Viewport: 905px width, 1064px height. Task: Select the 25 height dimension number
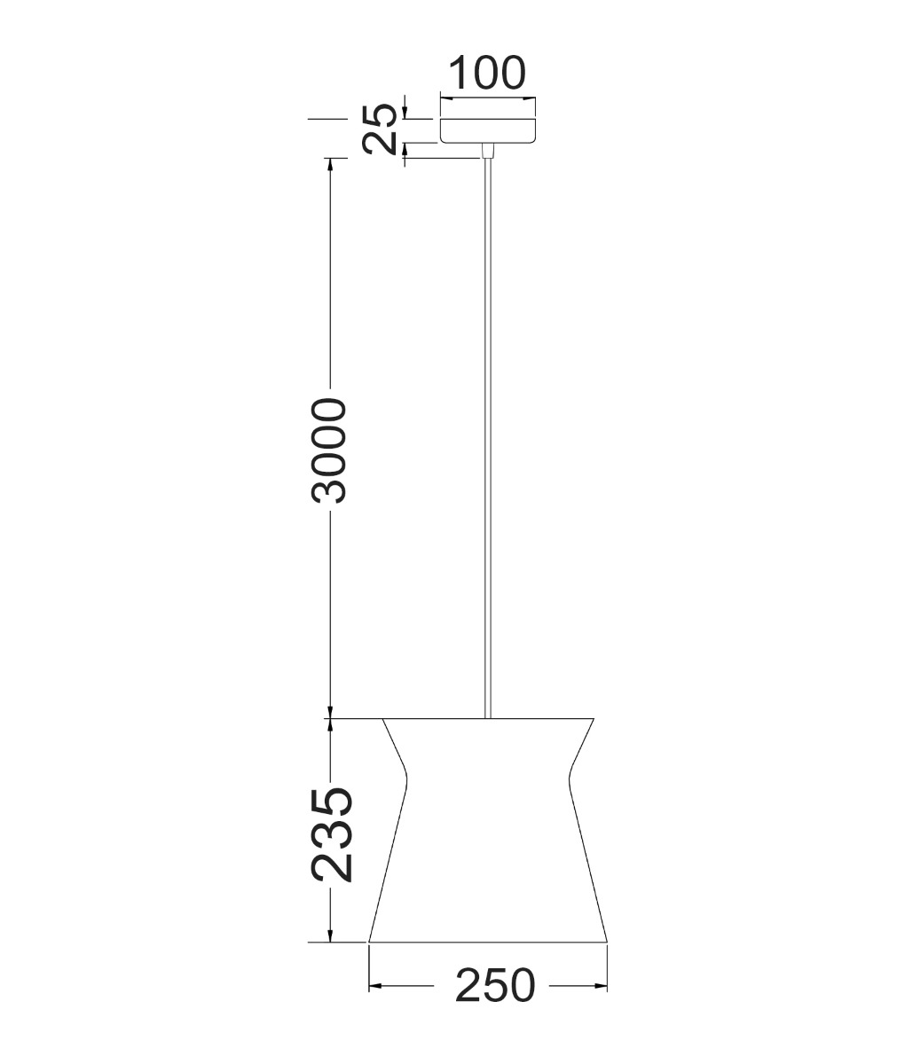(380, 130)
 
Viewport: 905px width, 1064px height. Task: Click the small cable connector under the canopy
(485, 152)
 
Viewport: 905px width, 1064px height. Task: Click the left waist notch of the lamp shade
(406, 780)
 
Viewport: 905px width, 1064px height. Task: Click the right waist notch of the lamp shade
(569, 780)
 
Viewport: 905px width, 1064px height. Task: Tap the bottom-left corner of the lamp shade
(369, 942)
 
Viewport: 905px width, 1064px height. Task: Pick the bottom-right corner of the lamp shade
(607, 942)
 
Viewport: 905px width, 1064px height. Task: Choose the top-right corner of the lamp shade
(594, 718)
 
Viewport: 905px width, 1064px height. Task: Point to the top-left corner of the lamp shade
(382, 718)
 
